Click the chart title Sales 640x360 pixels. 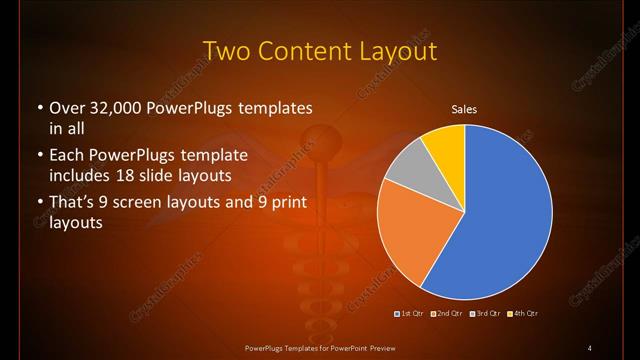pyautogui.click(x=463, y=108)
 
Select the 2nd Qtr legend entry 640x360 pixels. pyautogui.click(x=446, y=314)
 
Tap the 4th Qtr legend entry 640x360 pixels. pyautogui.click(x=524, y=314)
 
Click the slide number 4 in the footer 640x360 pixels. pyautogui.click(x=590, y=347)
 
